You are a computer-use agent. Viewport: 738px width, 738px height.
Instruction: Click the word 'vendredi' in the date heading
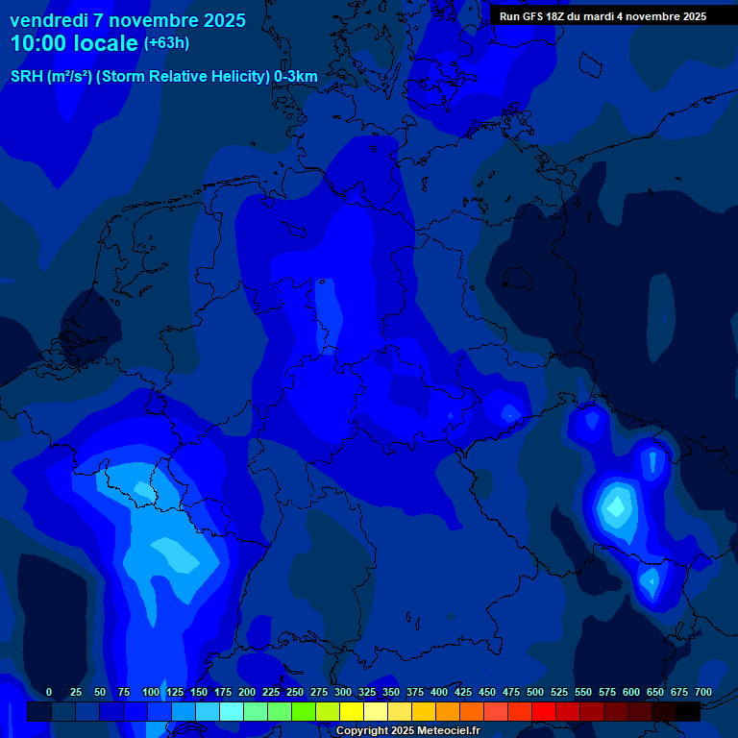[48, 20]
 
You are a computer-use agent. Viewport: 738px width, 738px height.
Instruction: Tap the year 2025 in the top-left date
[219, 20]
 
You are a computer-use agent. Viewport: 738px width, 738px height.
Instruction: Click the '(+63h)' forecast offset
[166, 43]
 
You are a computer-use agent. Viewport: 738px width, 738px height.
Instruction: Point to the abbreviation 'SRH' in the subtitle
[27, 77]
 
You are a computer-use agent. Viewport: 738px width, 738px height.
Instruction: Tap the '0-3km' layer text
[296, 77]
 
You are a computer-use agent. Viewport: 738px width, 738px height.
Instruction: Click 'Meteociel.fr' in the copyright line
[440, 731]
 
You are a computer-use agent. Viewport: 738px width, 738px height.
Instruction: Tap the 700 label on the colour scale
[702, 692]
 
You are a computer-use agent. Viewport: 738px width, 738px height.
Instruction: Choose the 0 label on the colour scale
[49, 692]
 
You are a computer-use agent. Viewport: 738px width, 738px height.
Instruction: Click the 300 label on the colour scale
[342, 692]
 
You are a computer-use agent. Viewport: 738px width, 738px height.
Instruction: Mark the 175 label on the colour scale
[222, 692]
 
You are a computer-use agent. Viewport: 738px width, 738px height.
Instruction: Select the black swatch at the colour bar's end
[688, 711]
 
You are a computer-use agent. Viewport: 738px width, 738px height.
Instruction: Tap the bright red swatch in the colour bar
[544, 711]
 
